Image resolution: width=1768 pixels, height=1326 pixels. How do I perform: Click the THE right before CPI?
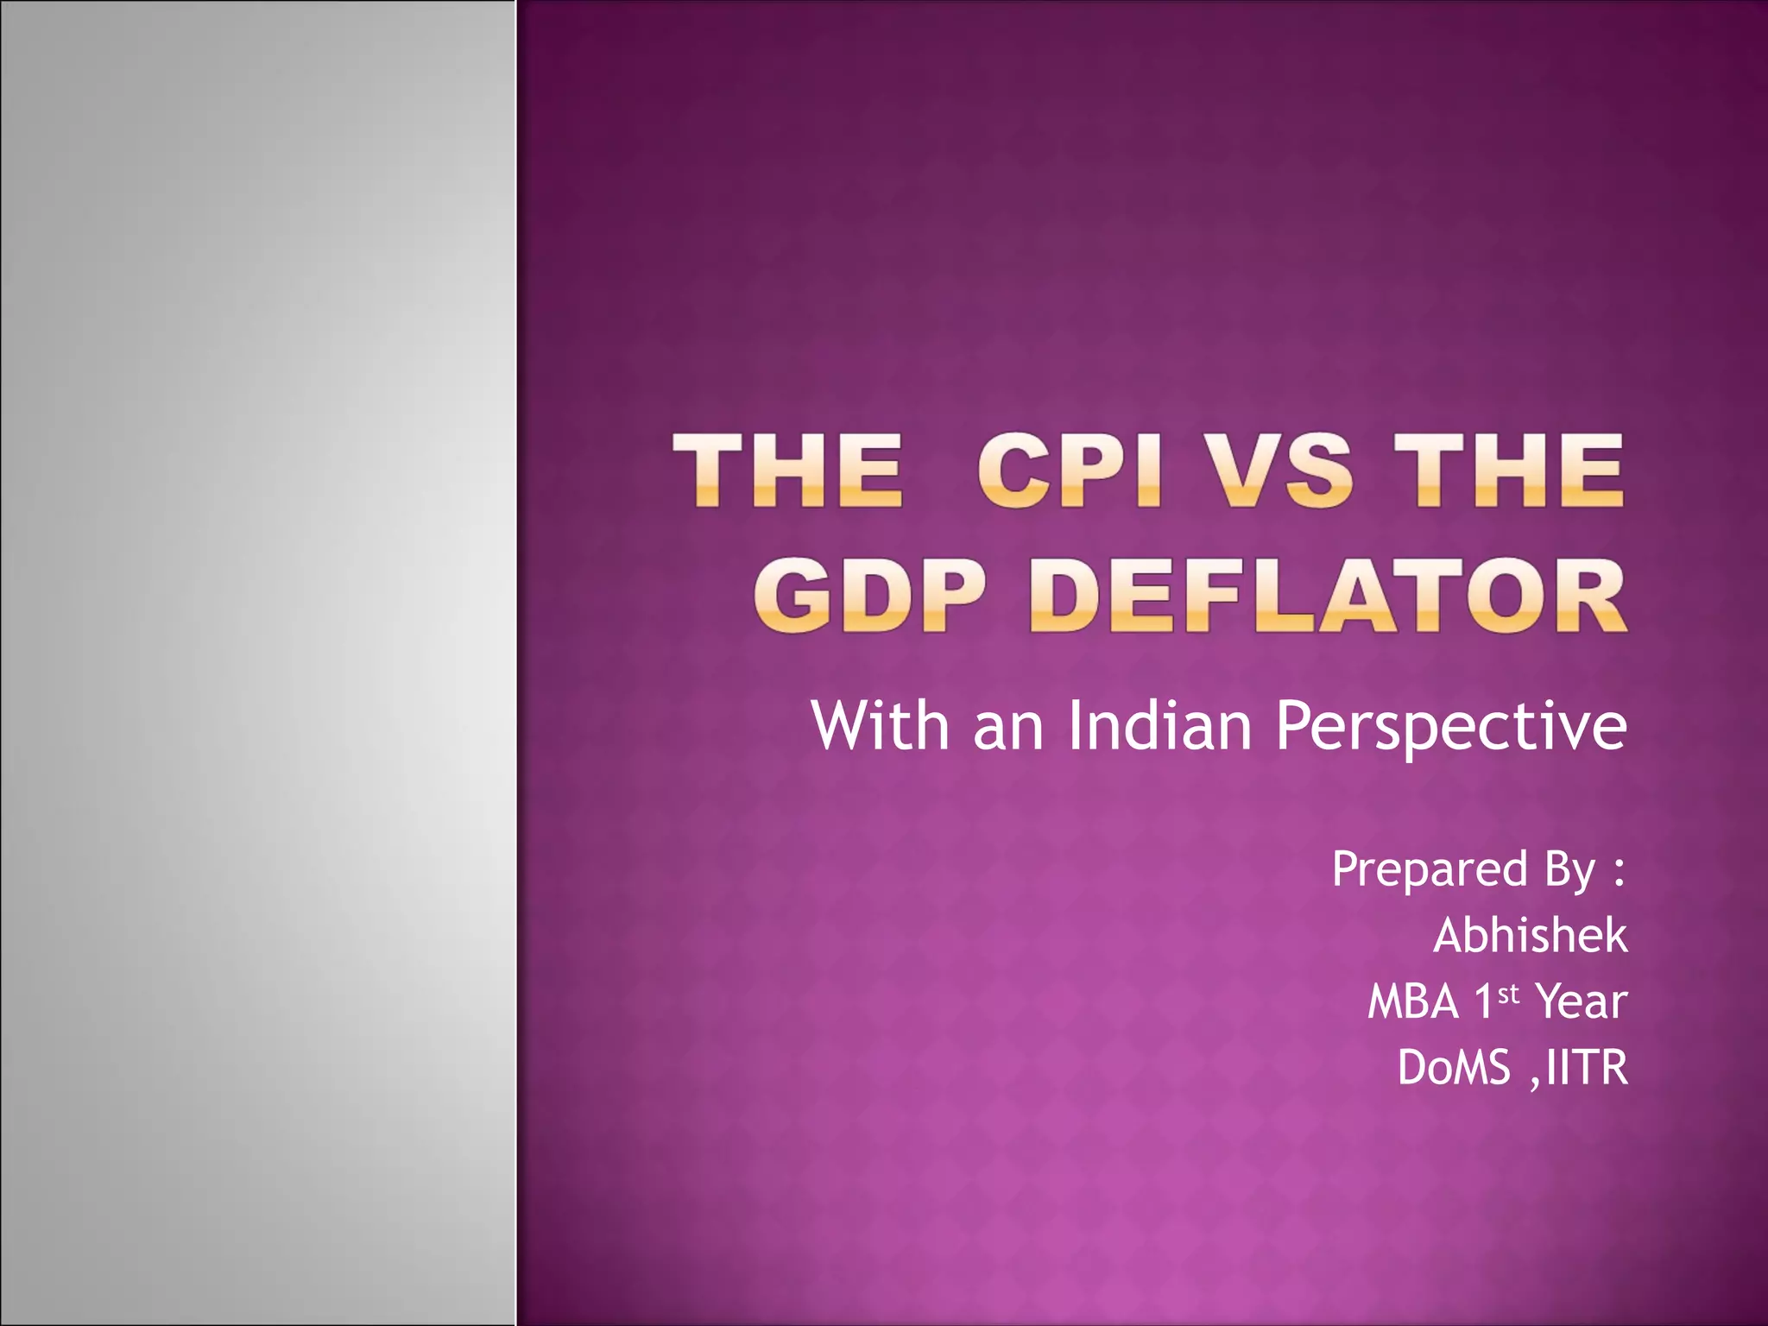pos(787,470)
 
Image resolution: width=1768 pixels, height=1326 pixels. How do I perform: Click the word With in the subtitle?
pos(881,725)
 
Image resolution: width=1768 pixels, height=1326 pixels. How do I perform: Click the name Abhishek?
pos(1530,936)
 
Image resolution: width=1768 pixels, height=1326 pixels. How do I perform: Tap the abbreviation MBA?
pos(1412,1002)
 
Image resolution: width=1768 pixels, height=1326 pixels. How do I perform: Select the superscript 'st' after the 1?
pos(1508,994)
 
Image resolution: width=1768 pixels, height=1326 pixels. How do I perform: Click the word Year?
pos(1582,1002)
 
